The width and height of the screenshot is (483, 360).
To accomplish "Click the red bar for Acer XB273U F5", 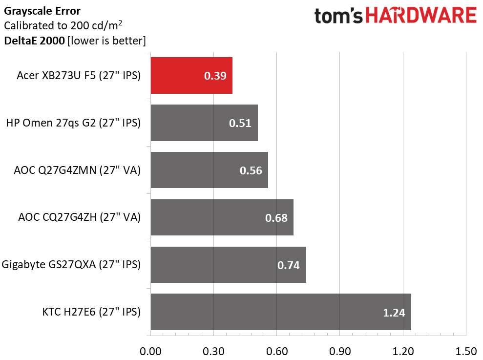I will (x=191, y=75).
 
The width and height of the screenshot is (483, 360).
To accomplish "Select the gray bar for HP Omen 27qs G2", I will (x=204, y=123).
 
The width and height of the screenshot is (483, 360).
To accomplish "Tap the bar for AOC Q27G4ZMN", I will (x=209, y=170).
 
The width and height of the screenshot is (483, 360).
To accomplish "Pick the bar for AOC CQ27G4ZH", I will (x=222, y=217).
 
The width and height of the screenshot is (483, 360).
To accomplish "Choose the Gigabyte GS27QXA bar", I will (x=228, y=265).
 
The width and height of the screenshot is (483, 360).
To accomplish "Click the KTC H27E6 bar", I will (x=280, y=312).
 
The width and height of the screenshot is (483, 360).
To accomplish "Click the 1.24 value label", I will (x=394, y=313).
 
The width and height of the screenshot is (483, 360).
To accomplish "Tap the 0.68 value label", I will (x=276, y=218).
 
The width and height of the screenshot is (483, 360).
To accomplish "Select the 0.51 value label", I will (x=240, y=123).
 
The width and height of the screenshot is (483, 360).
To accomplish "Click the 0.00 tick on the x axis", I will (x=150, y=351).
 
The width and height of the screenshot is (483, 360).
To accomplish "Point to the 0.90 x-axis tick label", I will (x=340, y=351).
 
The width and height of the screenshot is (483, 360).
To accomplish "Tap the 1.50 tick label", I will (x=465, y=351).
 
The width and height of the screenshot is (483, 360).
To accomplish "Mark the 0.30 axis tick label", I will (x=213, y=351).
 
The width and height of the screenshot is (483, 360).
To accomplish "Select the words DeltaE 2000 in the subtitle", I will (x=34, y=41).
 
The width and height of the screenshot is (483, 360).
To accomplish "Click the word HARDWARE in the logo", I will (x=421, y=16).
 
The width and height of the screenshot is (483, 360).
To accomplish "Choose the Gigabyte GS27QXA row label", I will (x=71, y=265).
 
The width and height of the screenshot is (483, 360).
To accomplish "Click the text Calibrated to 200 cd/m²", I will (x=63, y=25).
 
